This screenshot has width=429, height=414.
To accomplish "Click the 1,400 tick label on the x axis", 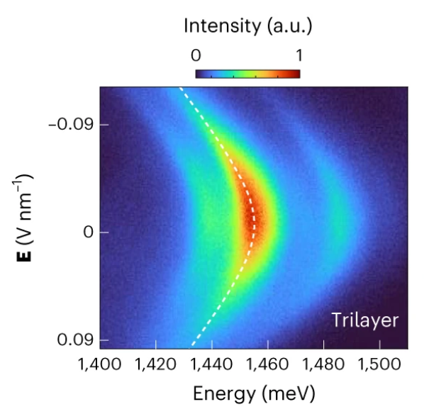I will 99,366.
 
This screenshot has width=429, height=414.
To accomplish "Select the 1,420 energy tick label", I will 155,366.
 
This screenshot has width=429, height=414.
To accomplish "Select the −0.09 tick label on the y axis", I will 68,124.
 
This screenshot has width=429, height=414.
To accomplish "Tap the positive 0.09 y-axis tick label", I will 72,340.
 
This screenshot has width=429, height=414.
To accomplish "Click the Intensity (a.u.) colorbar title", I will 247,27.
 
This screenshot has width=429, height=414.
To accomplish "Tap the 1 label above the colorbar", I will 299,55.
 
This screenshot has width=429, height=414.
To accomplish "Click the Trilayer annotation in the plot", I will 364,320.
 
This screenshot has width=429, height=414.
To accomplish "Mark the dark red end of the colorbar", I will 296,73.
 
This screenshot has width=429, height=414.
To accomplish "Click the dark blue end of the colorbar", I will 199,73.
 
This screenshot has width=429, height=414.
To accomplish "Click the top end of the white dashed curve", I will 180,88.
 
